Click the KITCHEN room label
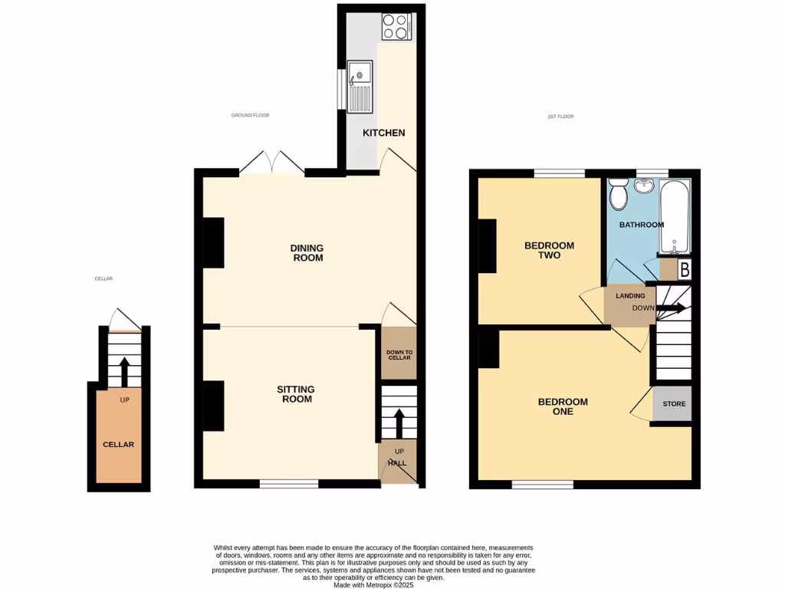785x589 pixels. (383, 133)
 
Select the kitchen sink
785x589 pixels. (359, 84)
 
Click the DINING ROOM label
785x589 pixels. (307, 253)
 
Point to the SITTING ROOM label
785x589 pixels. (296, 394)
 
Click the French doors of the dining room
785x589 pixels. (271, 163)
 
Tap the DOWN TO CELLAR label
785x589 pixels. (399, 355)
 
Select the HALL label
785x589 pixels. (397, 463)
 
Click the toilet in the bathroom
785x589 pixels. (619, 195)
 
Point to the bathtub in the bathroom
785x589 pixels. (675, 216)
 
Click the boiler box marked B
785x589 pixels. (685, 270)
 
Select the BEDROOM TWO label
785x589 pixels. (549, 250)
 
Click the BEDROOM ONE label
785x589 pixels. (563, 406)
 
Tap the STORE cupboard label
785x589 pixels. (674, 404)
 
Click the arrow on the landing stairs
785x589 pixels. (670, 308)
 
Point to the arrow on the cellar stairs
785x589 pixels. (123, 372)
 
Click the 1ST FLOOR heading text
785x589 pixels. (560, 117)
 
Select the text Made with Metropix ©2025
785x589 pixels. (375, 584)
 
